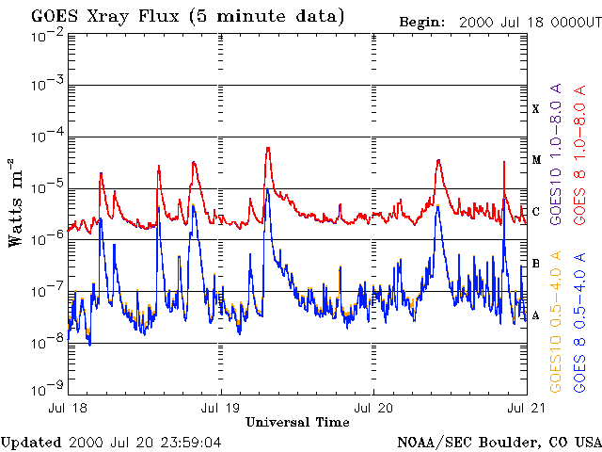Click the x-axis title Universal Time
click(297, 423)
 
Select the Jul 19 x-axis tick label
click(221, 408)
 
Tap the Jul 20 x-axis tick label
click(373, 408)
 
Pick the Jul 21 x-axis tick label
click(525, 408)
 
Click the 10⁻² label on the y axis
click(46, 34)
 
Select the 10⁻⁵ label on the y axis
click(46, 187)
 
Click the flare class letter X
click(536, 109)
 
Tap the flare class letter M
click(536, 160)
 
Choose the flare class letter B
click(536, 264)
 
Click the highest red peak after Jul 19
click(268, 148)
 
